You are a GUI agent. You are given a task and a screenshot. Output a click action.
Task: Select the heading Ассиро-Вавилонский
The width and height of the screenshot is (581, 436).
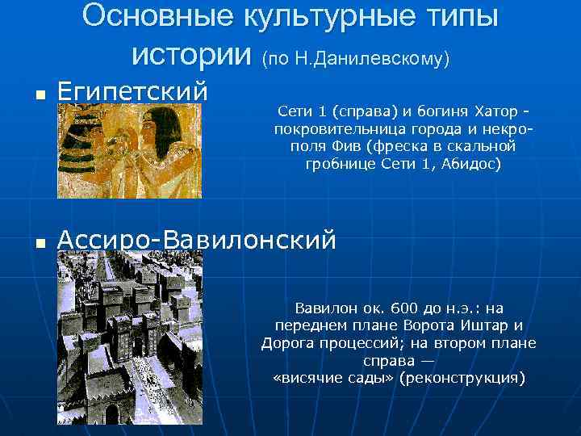(197, 239)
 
